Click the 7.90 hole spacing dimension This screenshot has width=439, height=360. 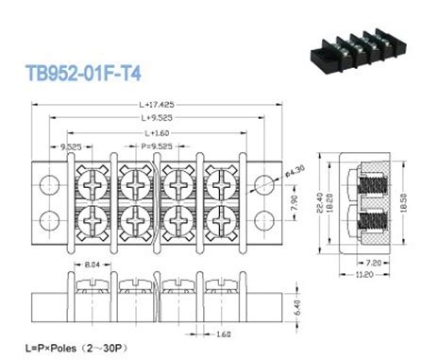click(x=294, y=201)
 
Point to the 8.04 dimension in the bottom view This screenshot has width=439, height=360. click(x=91, y=267)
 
